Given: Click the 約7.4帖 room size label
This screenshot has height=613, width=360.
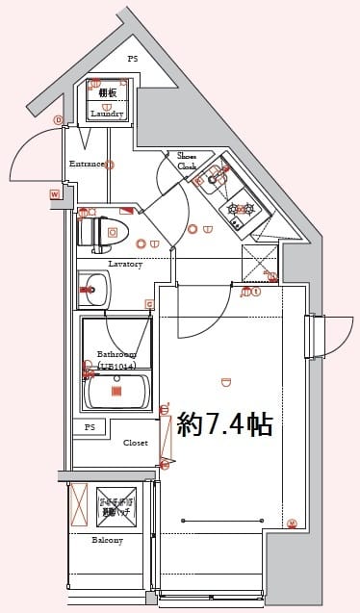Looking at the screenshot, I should (x=225, y=424).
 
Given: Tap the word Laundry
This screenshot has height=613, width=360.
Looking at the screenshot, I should (x=107, y=114).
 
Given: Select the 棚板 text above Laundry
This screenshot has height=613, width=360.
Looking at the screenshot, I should (x=107, y=92).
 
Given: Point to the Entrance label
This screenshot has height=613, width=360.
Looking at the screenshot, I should (x=86, y=164).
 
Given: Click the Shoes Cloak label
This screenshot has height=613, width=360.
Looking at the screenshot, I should (x=187, y=160).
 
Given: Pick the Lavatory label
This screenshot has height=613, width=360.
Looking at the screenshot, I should (x=125, y=264).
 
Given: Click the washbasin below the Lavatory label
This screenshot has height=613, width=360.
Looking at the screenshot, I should (x=93, y=288).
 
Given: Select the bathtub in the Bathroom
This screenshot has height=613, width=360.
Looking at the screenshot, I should (x=116, y=391).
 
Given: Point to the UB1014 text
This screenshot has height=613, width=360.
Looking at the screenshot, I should (x=116, y=366).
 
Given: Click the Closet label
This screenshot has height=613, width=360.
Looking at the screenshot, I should (x=135, y=443).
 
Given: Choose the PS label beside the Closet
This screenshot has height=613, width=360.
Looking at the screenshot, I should (x=90, y=426).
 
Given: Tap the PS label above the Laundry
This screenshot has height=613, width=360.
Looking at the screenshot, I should (x=133, y=59).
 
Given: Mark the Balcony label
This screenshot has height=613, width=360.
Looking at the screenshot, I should (x=107, y=540).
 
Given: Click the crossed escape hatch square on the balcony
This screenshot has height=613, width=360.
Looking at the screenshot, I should (x=116, y=505).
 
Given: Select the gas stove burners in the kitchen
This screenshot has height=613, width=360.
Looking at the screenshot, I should (x=239, y=209).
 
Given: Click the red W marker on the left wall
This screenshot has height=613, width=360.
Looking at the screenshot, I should (x=55, y=194).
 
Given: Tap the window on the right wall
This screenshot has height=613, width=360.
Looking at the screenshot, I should (x=309, y=337).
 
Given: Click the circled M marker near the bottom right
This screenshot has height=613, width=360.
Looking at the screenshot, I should (x=292, y=524).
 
